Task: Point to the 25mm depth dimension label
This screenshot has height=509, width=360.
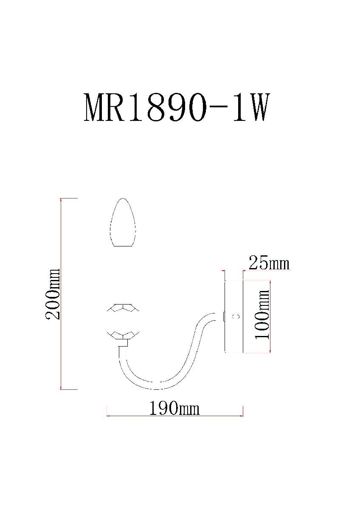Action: tap(269, 263)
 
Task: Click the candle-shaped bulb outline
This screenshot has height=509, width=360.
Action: tap(123, 222)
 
